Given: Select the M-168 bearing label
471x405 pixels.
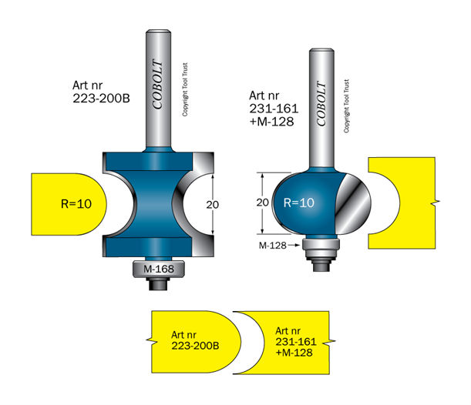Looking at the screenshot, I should click(158, 269).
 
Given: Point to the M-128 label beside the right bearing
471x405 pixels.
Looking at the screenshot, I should click(274, 245).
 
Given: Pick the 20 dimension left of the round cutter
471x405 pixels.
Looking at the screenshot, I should click(261, 202).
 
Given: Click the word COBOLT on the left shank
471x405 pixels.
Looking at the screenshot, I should click(157, 85).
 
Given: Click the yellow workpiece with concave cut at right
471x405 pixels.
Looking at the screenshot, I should click(405, 202).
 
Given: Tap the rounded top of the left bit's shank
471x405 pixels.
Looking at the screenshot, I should click(158, 33).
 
